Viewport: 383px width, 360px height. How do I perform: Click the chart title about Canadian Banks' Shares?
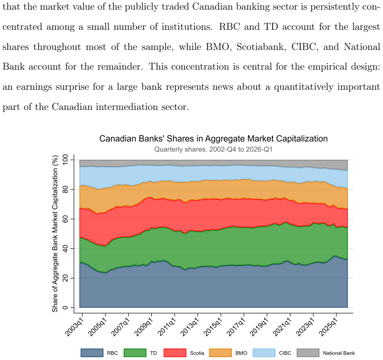[x=213, y=138]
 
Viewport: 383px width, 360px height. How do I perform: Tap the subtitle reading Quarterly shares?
[x=213, y=149]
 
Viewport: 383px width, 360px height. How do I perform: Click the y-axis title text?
[x=55, y=234]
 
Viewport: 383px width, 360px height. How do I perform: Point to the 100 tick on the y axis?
[x=65, y=160]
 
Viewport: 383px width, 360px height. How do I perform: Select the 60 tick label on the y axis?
[x=65, y=219]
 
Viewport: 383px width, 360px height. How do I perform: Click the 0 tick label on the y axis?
[x=65, y=308]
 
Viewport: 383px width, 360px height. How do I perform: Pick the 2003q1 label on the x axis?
[x=75, y=326]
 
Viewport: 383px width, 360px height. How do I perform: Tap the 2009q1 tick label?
[x=144, y=326]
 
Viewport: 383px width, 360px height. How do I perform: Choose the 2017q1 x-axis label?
[x=236, y=326]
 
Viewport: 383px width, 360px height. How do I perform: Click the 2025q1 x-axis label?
[x=329, y=326]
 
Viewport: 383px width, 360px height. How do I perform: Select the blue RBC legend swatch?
[x=92, y=353]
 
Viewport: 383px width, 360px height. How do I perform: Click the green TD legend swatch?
[x=135, y=353]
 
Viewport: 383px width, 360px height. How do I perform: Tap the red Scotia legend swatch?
[x=175, y=353]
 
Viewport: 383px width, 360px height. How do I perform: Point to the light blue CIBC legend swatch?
[x=264, y=353]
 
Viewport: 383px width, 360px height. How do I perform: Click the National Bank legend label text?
[x=339, y=353]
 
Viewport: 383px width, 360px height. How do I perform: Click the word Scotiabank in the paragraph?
[x=261, y=47]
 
